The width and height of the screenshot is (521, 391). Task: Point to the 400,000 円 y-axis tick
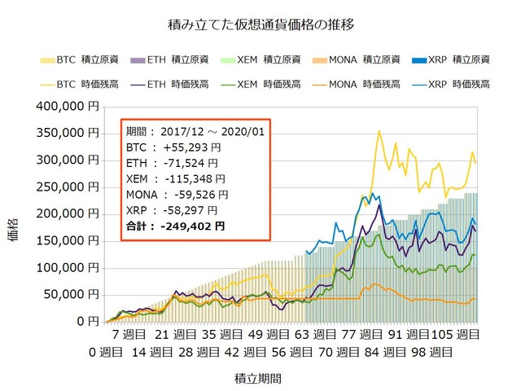tap(70, 106)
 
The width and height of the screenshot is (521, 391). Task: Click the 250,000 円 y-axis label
tap(70, 187)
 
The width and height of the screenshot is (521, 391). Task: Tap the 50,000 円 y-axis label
tap(73, 294)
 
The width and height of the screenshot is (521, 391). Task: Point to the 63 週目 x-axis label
tap(313, 335)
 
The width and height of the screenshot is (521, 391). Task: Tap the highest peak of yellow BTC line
tap(379, 131)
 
